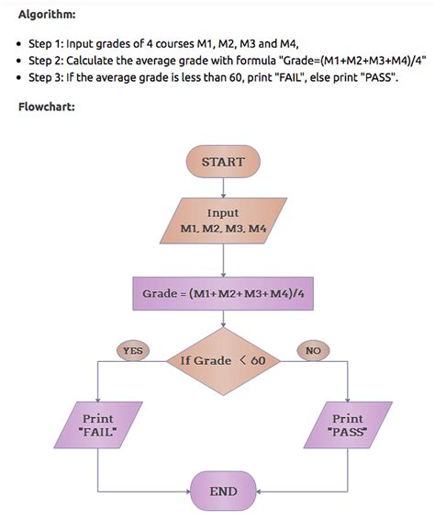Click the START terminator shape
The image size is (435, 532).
224,163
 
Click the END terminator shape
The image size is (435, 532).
223,492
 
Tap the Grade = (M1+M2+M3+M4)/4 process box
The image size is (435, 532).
223,294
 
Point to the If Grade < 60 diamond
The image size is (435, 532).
223,360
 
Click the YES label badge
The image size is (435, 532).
133,350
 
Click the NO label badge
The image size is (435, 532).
314,350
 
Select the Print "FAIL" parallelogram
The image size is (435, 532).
98,424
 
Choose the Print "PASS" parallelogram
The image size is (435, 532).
348,424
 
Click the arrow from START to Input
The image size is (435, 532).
223,187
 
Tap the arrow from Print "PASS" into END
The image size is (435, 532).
303,492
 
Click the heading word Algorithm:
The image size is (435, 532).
48,15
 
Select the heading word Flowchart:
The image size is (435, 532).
47,108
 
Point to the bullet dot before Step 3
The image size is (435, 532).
19,79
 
